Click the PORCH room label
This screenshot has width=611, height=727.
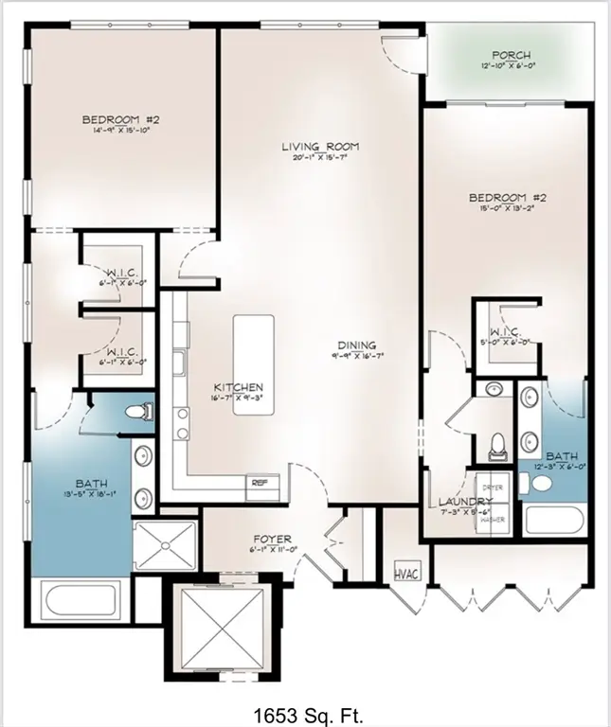512,56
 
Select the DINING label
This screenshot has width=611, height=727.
360,346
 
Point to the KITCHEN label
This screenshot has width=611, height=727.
238,388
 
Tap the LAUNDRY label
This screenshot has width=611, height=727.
465,502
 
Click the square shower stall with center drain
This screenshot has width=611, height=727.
165,546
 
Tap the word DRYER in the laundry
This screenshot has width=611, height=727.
496,488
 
